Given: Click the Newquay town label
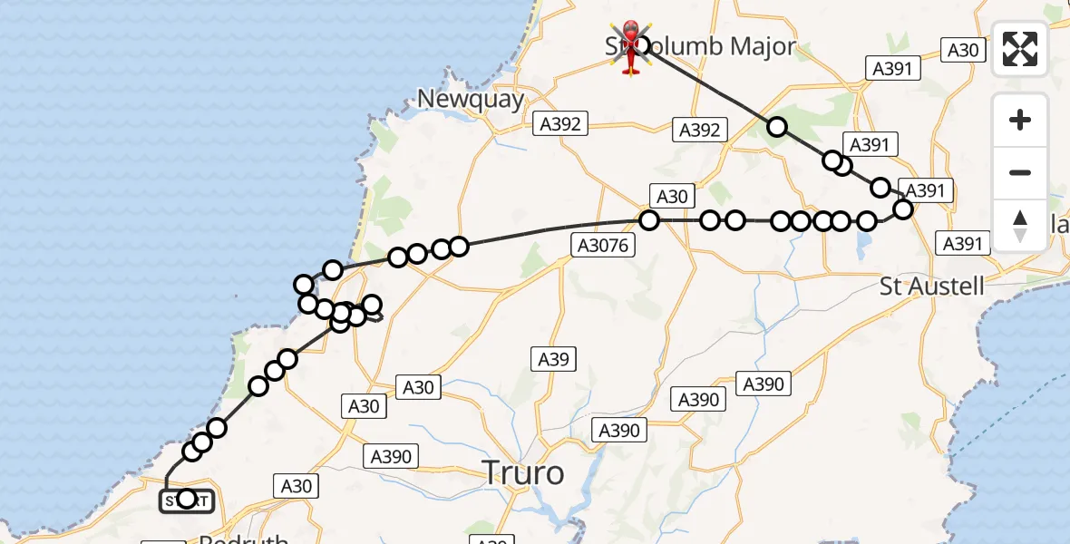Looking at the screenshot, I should (x=472, y=99).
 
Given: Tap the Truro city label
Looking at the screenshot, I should (x=522, y=472).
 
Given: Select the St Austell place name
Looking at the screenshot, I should (x=932, y=287).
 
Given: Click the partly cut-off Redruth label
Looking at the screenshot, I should (x=243, y=538).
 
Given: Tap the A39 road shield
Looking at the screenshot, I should (x=553, y=359).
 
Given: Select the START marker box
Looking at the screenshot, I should (x=187, y=500).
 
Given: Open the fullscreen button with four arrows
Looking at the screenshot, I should (x=1020, y=49).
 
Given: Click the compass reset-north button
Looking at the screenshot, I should (x=1020, y=224).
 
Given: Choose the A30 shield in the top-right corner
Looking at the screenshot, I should (x=963, y=49).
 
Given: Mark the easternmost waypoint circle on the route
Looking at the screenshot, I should (x=903, y=209).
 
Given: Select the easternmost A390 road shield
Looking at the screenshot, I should (x=763, y=384).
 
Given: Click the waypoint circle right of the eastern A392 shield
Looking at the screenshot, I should (x=777, y=127).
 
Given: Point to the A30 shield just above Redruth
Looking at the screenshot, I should (x=297, y=486).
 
